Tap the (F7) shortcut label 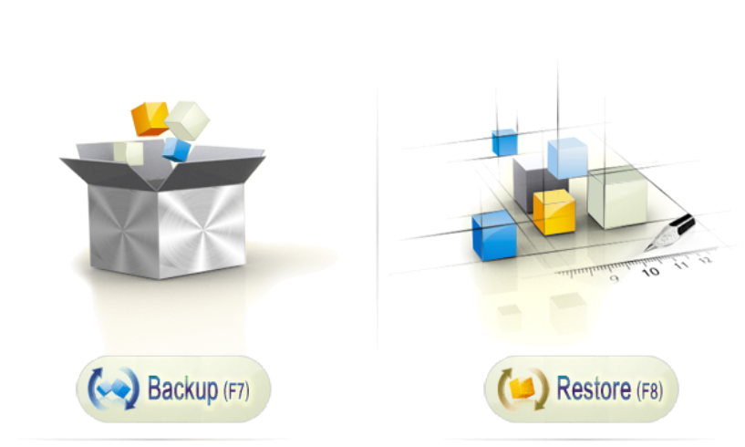(234, 391)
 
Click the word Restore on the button (594, 390)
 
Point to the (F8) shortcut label (647, 391)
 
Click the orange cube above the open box (149, 118)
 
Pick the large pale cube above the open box (188, 119)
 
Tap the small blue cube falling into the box (177, 149)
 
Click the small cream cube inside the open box (134, 153)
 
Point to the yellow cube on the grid (554, 213)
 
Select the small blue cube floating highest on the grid (504, 142)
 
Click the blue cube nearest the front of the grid (494, 235)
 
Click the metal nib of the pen (659, 242)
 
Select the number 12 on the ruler (704, 260)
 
